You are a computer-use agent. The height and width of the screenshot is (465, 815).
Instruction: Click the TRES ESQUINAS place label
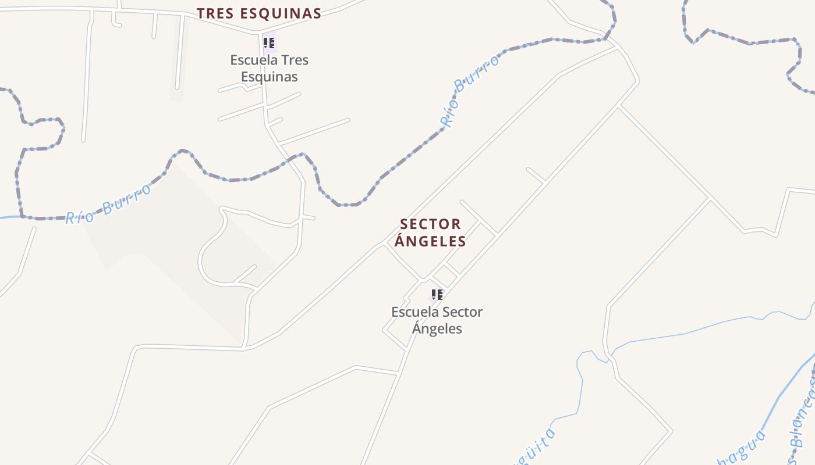pyautogui.click(x=258, y=13)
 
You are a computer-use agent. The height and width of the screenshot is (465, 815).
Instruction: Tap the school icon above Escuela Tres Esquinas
pyautogui.click(x=269, y=43)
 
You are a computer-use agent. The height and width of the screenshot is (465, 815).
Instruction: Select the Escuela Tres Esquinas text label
pyautogui.click(x=269, y=68)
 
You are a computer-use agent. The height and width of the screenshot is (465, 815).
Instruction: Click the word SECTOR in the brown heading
pyautogui.click(x=430, y=224)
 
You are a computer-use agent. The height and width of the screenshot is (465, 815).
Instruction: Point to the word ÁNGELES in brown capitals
pyautogui.click(x=430, y=241)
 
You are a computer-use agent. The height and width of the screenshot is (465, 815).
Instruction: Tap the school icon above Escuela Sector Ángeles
pyautogui.click(x=437, y=295)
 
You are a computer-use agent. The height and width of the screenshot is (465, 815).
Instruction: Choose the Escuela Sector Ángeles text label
pyautogui.click(x=437, y=320)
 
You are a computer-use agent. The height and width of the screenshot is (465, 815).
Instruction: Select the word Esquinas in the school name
pyautogui.click(x=269, y=77)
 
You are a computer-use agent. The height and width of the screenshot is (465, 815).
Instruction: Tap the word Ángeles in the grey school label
pyautogui.click(x=437, y=328)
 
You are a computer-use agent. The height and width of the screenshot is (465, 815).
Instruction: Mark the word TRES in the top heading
pyautogui.click(x=213, y=13)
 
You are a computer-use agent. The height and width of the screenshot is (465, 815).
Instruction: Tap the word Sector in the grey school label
pyautogui.click(x=460, y=312)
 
